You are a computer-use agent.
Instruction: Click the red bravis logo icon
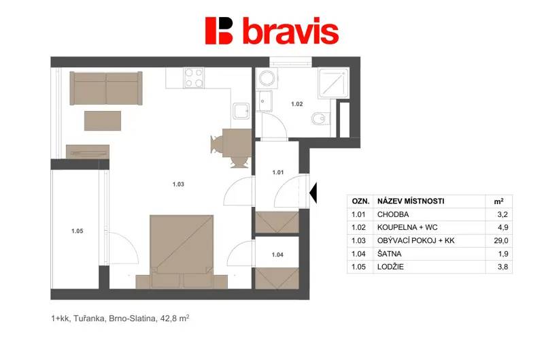point(218,31)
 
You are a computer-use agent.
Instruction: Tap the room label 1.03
point(178,184)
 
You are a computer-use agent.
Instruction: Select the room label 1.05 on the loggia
point(77,231)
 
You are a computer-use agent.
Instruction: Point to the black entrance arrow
point(313,193)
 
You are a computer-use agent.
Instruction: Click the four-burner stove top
point(194,78)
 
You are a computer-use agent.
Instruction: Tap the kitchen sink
point(241,111)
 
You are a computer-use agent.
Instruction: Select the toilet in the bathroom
point(318,118)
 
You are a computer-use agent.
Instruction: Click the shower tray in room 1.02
point(333,83)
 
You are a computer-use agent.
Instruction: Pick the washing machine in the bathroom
point(267,78)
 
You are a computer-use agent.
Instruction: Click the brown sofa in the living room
point(106,88)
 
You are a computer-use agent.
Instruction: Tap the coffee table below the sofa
point(103,121)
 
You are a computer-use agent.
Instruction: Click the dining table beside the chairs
point(237,143)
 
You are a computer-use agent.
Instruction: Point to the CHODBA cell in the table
point(393,214)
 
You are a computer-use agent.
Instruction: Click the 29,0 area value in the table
point(501,241)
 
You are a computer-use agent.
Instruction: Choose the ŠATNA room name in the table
point(389,254)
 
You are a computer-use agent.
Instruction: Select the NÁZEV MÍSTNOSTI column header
point(411,201)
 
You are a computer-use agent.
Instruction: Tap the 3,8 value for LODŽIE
point(503,267)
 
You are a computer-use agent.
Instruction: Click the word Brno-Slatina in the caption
point(132,318)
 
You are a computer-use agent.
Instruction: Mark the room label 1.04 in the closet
point(277,255)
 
